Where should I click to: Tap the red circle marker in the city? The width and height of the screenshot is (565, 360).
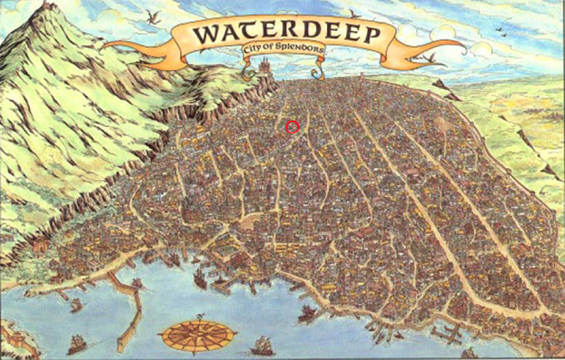coord(294,126)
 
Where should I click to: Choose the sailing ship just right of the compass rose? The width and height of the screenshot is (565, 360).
coord(262,344)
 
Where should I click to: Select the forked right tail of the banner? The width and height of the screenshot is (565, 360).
coord(452,49)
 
